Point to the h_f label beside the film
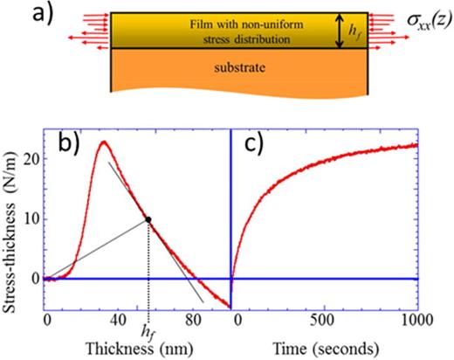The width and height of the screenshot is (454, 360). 354,32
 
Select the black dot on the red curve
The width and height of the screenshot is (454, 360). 148,219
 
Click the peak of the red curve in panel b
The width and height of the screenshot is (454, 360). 104,142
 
